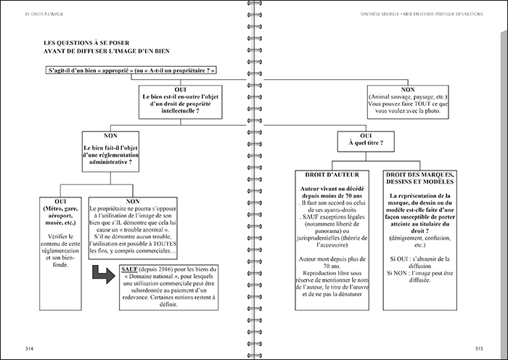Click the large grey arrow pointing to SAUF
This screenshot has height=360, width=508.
(102, 276)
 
